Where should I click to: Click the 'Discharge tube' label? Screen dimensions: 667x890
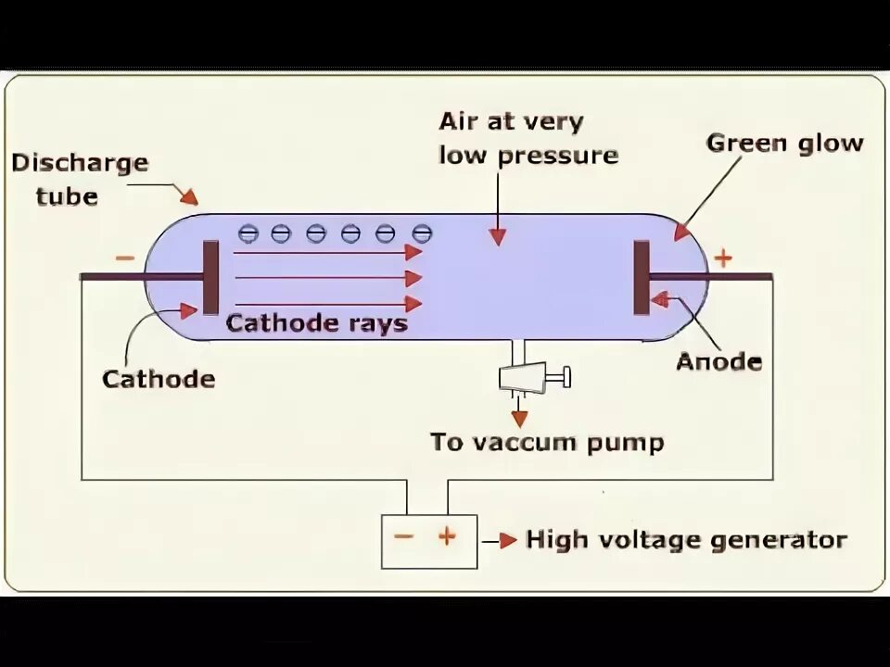[80, 180]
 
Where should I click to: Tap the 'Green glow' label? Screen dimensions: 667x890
[784, 144]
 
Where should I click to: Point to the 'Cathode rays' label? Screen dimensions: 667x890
[317, 323]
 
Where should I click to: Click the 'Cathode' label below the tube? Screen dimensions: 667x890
[159, 379]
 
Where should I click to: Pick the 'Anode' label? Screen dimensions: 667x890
[718, 361]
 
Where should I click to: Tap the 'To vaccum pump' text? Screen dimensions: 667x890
[547, 442]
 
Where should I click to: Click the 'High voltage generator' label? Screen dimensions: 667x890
[686, 539]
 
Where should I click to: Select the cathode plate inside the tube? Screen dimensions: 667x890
[210, 277]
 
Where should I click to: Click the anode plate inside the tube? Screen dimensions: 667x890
[642, 277]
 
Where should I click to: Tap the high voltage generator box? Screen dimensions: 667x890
[429, 541]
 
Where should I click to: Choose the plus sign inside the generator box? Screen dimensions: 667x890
[447, 535]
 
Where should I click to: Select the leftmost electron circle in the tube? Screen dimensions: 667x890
[248, 233]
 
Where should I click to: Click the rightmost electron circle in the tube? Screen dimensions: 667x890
[422, 233]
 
